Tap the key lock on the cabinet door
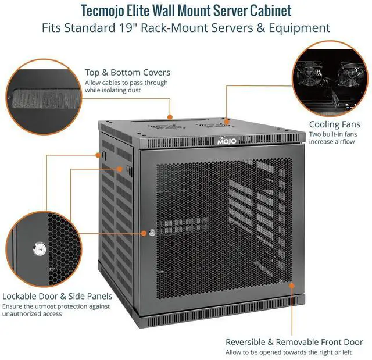coord(152,233)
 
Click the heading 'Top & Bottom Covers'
coord(127,73)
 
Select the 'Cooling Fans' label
coord(334,124)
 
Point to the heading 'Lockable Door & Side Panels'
coord(57,295)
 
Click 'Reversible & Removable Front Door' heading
coord(294,342)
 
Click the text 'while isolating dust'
coord(114,91)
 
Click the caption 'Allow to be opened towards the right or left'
coord(288,352)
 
